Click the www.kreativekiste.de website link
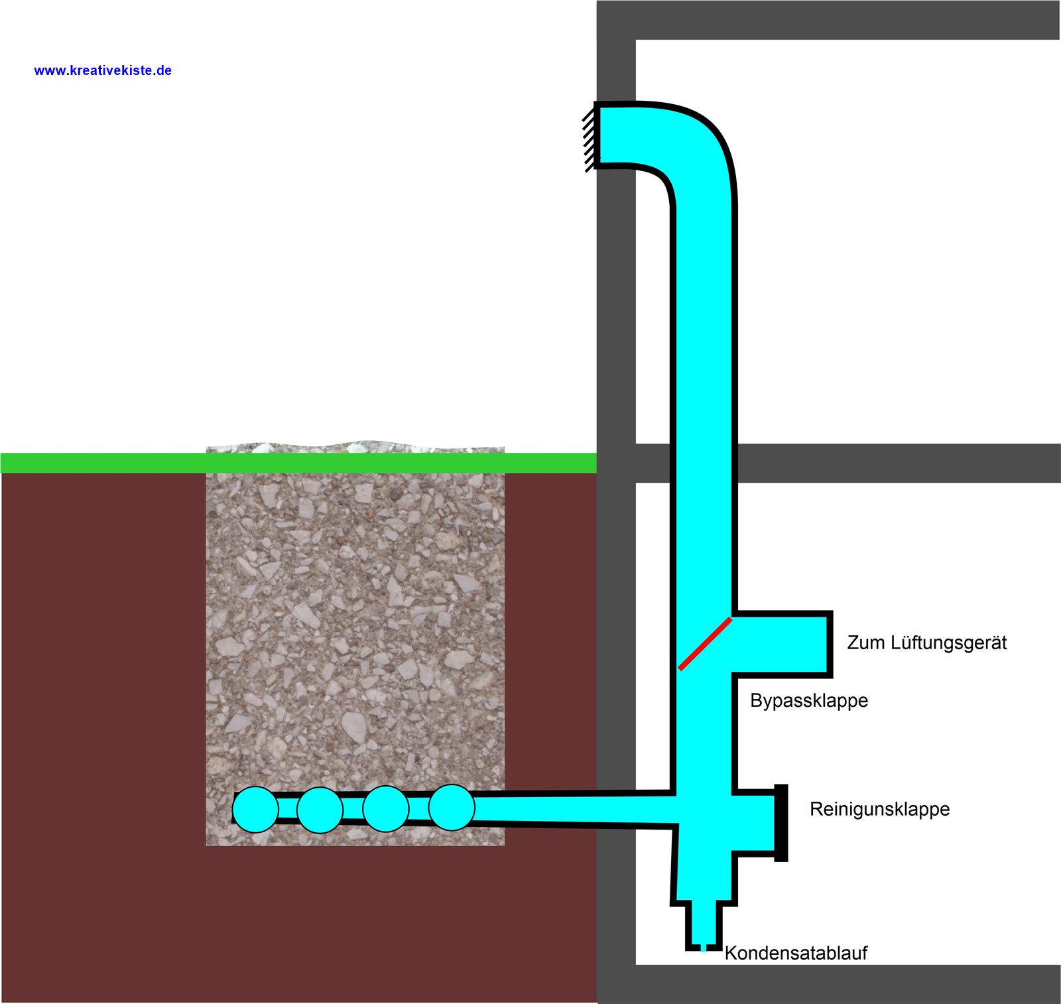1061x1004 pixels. click(x=103, y=70)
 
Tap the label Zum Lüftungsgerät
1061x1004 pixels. click(x=927, y=643)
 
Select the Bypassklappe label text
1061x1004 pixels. click(x=809, y=700)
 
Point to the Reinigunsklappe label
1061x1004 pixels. click(x=880, y=809)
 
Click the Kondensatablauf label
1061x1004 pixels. click(x=796, y=953)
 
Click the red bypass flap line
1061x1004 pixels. click(x=705, y=643)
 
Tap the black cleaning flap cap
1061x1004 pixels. click(x=781, y=823)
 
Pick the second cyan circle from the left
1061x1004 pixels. click(x=320, y=810)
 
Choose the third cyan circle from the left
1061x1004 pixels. click(x=385, y=809)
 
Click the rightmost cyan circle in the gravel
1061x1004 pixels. click(x=452, y=808)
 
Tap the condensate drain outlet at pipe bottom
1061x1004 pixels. click(x=703, y=925)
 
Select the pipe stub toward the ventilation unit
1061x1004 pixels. click(x=782, y=643)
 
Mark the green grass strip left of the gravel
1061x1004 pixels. click(x=103, y=463)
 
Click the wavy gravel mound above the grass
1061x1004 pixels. click(x=355, y=447)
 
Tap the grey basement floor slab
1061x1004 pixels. click(x=829, y=984)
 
